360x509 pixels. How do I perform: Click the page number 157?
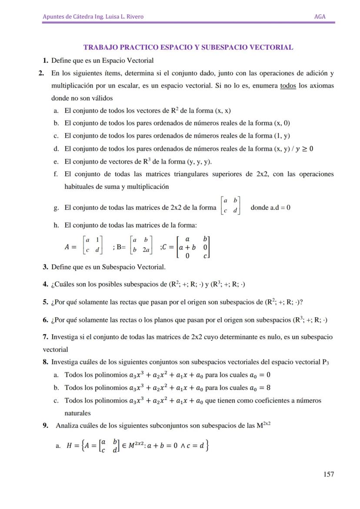329,474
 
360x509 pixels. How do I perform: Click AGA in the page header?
320,17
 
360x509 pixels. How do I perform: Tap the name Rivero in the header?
133,17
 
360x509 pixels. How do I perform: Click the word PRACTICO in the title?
136,47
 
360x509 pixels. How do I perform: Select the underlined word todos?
288,86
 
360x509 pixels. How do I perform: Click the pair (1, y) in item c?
282,136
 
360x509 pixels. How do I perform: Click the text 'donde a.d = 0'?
270,208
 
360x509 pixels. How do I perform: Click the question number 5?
45,302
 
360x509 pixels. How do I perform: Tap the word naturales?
78,413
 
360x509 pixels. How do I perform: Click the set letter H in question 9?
69,445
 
